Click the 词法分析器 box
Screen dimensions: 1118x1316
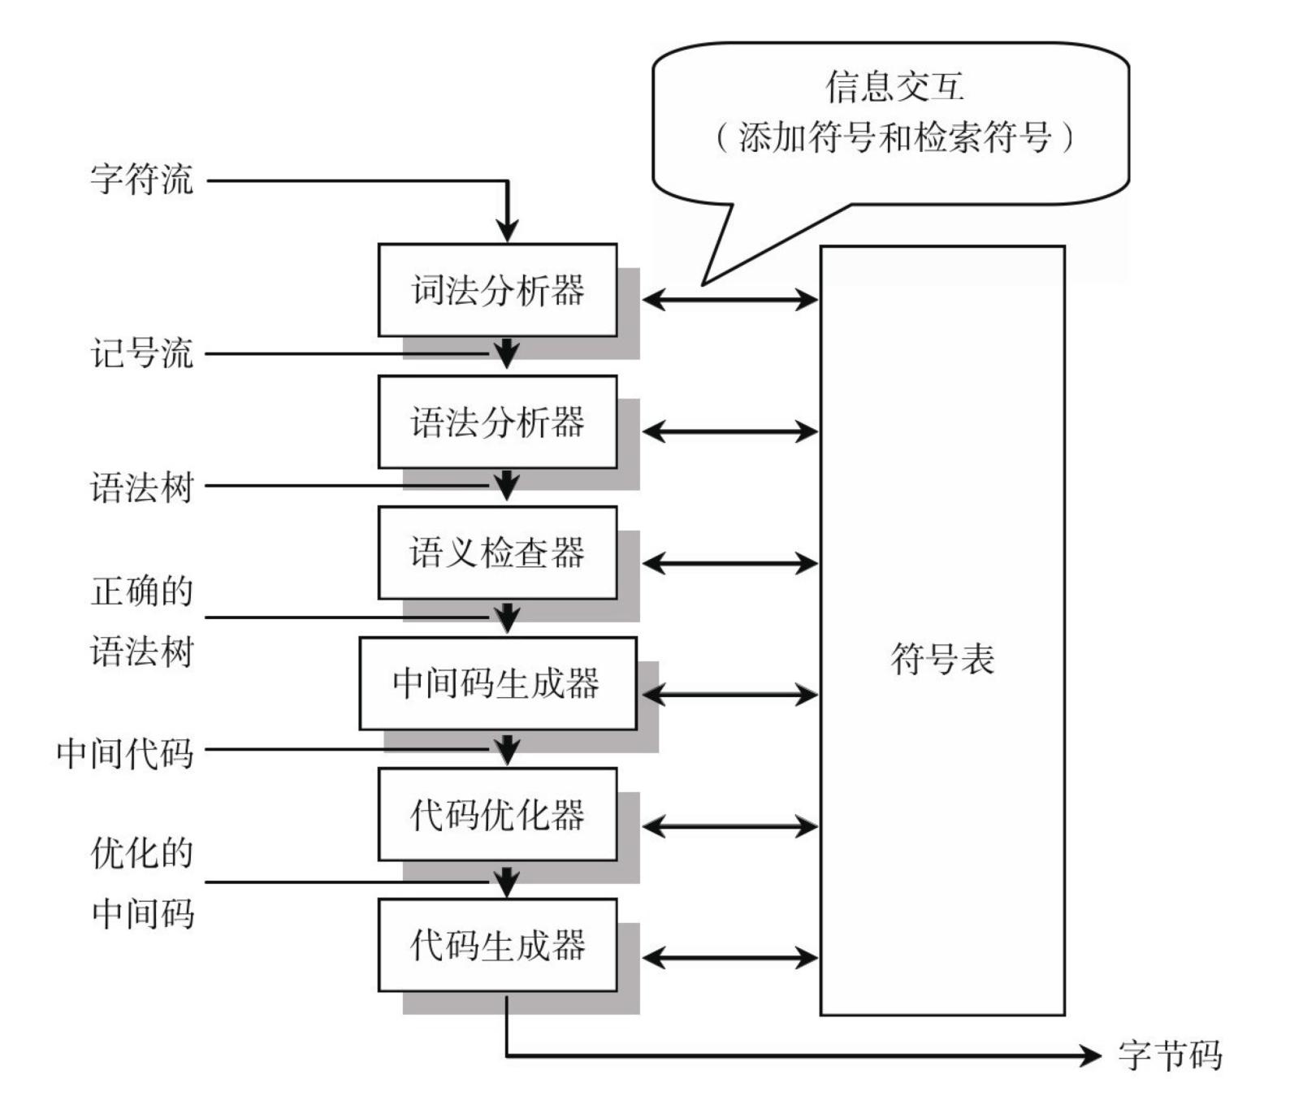(497, 290)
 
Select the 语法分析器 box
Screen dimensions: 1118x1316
(497, 422)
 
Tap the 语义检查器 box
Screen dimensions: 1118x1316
(497, 552)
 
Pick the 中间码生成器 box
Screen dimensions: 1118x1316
(497, 683)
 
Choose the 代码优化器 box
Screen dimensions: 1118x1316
(497, 814)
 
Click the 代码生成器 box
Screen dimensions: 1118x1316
(497, 945)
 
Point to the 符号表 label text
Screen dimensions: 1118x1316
(942, 658)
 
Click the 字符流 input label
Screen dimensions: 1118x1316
(142, 179)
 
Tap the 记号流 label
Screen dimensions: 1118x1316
(142, 353)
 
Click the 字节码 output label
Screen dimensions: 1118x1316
(1170, 1055)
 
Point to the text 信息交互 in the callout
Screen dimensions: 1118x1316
(894, 86)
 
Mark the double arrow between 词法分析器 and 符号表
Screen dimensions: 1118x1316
(729, 300)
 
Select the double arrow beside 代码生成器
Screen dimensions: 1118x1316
(729, 958)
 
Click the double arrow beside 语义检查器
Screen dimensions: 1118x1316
(729, 563)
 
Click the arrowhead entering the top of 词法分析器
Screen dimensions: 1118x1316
(507, 230)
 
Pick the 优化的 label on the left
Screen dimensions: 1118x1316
(142, 853)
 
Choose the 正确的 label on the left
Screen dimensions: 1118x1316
(142, 591)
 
